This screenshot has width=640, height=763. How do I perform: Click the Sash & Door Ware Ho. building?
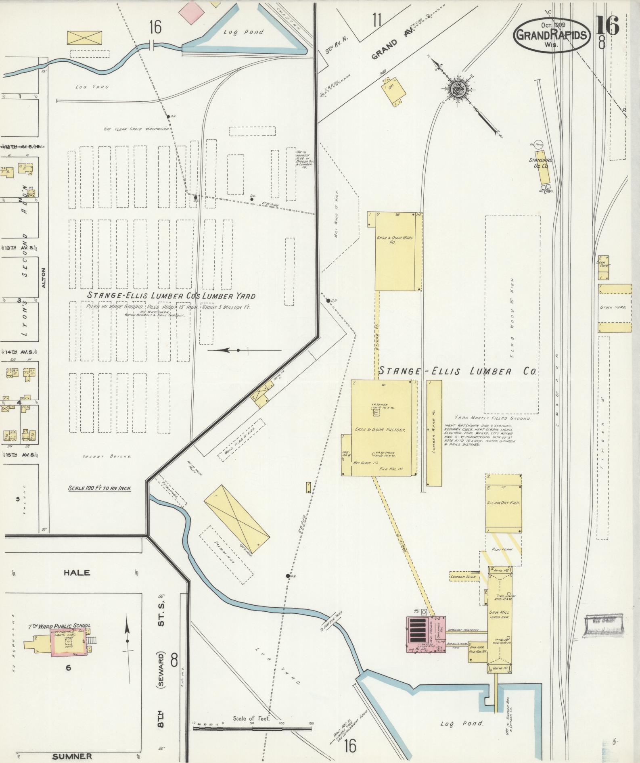pyautogui.click(x=395, y=250)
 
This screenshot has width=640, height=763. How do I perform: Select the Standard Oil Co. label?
pyautogui.click(x=540, y=163)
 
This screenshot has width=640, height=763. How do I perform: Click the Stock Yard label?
pyautogui.click(x=613, y=307)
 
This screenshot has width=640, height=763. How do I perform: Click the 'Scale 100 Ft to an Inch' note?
pyautogui.click(x=100, y=488)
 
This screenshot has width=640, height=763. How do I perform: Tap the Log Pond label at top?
pyautogui.click(x=243, y=32)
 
